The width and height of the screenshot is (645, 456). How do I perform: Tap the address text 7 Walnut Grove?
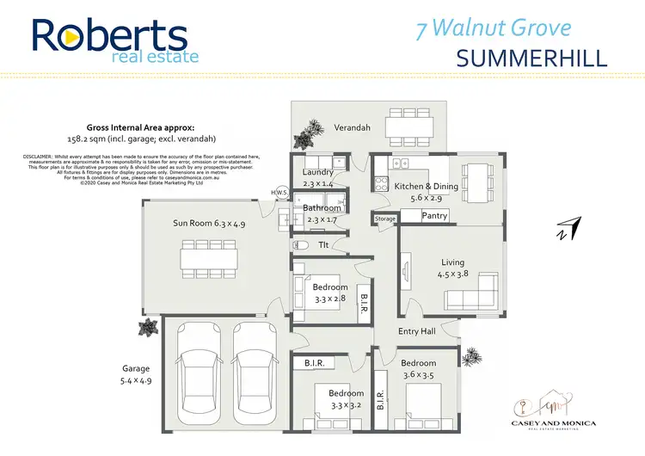point(493,28)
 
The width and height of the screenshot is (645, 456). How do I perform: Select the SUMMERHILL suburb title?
point(531,58)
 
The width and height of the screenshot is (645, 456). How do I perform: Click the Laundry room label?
point(318,172)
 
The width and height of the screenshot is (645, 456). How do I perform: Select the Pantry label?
point(434,216)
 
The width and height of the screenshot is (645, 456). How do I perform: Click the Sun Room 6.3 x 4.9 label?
point(209,223)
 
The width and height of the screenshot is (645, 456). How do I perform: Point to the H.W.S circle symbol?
point(279,192)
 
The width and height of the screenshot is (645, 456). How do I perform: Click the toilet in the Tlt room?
point(293,243)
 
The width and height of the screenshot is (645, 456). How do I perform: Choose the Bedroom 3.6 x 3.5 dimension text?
point(419,375)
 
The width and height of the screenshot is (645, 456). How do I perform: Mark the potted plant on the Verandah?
point(304,138)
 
